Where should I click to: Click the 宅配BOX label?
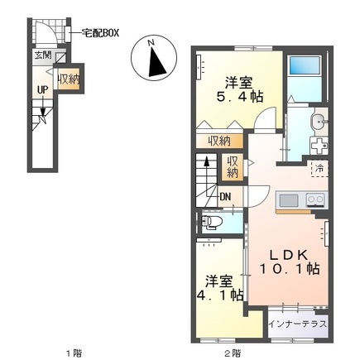100,33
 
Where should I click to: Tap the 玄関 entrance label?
41,55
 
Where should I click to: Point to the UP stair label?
41,91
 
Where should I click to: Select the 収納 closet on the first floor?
69,79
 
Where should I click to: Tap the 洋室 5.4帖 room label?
240,89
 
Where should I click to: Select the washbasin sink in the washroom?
316,123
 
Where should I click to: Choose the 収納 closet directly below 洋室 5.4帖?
219,139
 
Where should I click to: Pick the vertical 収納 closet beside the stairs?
233,167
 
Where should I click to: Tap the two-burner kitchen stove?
314,199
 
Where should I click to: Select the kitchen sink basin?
290,199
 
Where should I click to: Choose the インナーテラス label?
297,324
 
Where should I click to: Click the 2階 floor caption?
231,353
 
